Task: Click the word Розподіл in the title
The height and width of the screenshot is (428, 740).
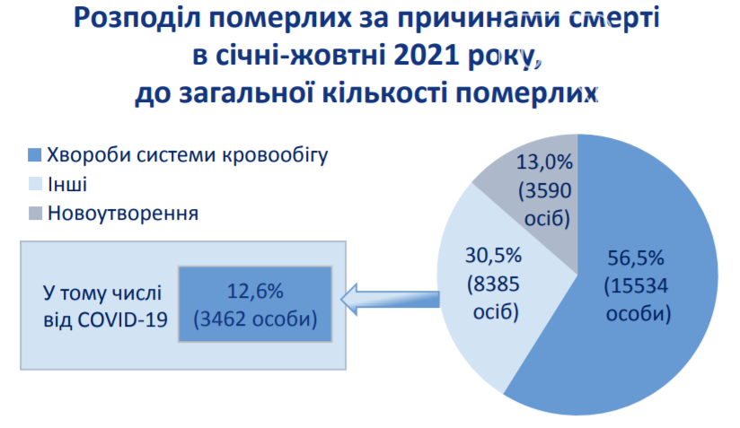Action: click(138, 20)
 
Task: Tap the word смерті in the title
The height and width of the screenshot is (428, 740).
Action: click(613, 19)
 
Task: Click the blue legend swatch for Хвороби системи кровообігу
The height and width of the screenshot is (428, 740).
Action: click(35, 155)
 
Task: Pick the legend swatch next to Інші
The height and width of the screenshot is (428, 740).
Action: click(35, 184)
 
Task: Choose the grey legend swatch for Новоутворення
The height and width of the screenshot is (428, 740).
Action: click(35, 213)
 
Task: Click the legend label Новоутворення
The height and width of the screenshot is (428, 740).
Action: click(123, 213)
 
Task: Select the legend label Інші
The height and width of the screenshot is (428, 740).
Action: click(67, 184)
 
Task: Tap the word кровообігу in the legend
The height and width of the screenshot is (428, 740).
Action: click(275, 155)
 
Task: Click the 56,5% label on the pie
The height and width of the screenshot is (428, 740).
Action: click(635, 258)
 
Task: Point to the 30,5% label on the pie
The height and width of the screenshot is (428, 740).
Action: click(494, 256)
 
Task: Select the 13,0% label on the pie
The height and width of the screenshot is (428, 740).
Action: click(544, 162)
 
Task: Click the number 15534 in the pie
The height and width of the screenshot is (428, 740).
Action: click(639, 285)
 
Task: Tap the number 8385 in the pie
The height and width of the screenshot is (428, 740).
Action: click(496, 284)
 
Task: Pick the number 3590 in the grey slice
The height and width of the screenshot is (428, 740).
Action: click(548, 190)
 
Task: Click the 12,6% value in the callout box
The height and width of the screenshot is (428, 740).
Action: click(255, 292)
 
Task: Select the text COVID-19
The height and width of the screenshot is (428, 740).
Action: click(123, 320)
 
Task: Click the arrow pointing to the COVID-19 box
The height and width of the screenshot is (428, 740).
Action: click(391, 299)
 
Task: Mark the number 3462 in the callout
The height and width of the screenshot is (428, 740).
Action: click(224, 319)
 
